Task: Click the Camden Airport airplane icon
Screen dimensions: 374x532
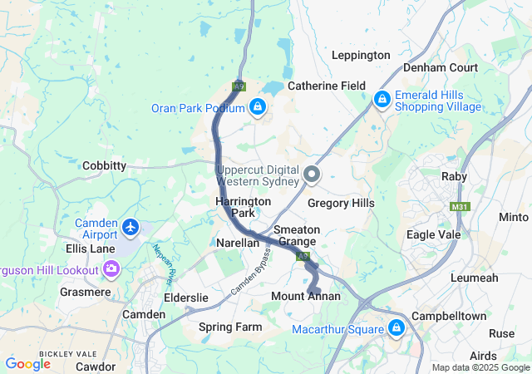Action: [x=131, y=227]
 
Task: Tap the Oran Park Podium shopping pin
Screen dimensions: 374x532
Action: [x=258, y=107]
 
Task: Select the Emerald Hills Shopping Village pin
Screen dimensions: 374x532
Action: [x=382, y=100]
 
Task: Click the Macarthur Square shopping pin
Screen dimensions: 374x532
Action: [x=397, y=327]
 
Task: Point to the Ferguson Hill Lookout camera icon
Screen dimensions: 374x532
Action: [x=111, y=268]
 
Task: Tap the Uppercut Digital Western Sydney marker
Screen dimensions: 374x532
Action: [x=313, y=175]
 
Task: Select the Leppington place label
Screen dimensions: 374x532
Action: [x=361, y=55]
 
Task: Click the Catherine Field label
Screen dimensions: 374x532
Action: [x=327, y=86]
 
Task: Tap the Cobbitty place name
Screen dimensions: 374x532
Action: [x=104, y=165]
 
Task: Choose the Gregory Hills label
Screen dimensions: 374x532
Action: [x=341, y=203]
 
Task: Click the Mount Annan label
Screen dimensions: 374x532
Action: [x=306, y=297]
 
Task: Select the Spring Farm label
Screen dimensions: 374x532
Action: [x=230, y=327]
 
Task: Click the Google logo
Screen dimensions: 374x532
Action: [x=28, y=363]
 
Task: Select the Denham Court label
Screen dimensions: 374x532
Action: [x=440, y=67]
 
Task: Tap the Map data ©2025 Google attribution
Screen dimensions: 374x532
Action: [x=480, y=367]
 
